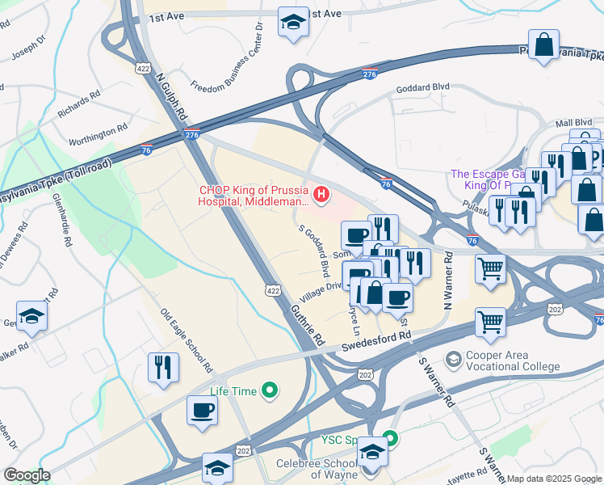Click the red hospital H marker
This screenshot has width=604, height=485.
point(321,195)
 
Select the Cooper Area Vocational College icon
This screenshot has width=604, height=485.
point(455,357)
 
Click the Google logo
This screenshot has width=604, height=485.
point(27,474)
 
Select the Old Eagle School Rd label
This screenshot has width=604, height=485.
point(187,340)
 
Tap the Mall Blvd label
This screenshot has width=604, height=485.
point(573,123)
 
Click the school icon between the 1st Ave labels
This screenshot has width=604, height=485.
point(292,22)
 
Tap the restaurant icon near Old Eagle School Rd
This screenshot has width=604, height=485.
point(164,368)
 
